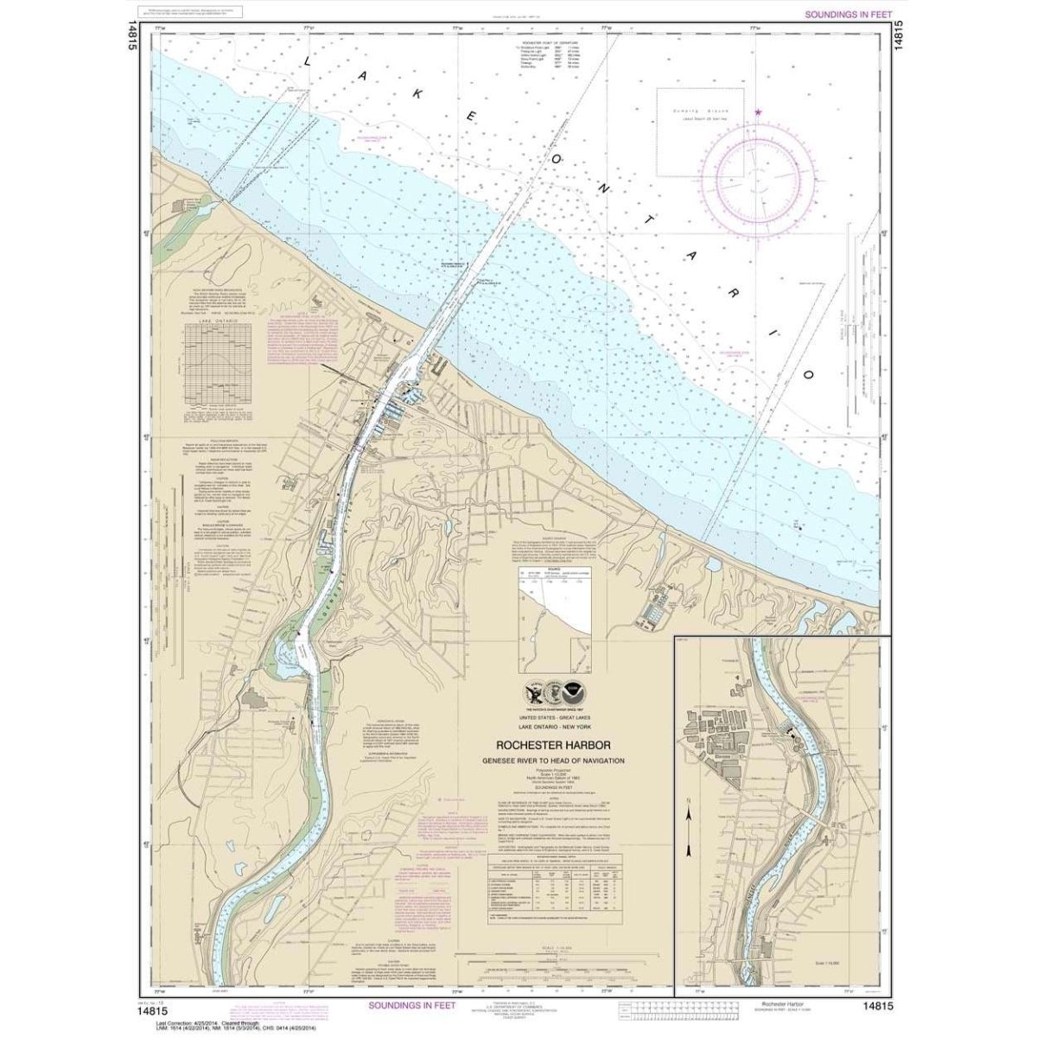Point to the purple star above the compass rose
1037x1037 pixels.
pyautogui.click(x=759, y=112)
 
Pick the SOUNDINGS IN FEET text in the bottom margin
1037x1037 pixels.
pyautogui.click(x=418, y=1005)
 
